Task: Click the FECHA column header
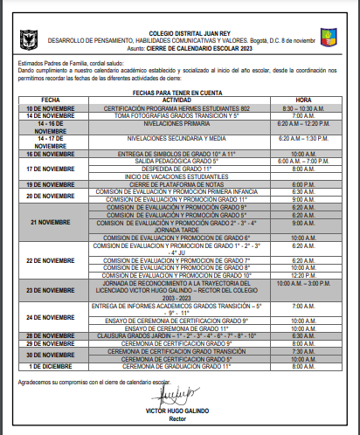51,100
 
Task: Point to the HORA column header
303,100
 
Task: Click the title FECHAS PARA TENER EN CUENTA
177,91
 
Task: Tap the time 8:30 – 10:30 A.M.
303,107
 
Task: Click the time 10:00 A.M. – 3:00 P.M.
303,284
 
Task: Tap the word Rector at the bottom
178,417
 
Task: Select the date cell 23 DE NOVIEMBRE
51,291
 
